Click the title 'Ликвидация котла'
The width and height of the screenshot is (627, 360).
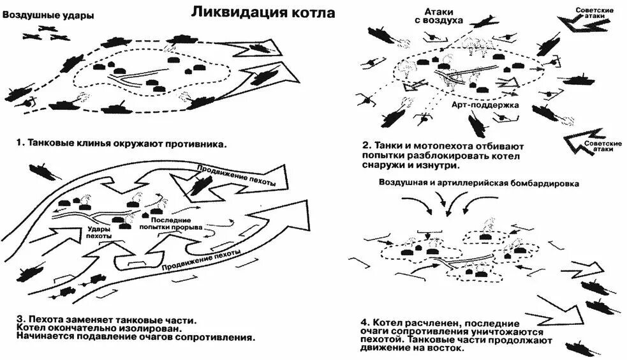point(262,12)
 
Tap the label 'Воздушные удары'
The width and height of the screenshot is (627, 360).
point(44,15)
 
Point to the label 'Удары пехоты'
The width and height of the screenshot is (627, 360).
point(98,231)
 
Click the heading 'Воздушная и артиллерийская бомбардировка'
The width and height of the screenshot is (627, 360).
point(478,184)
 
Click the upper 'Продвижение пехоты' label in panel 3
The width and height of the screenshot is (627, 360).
point(236,176)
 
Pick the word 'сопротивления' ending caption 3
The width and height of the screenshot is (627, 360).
point(220,338)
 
